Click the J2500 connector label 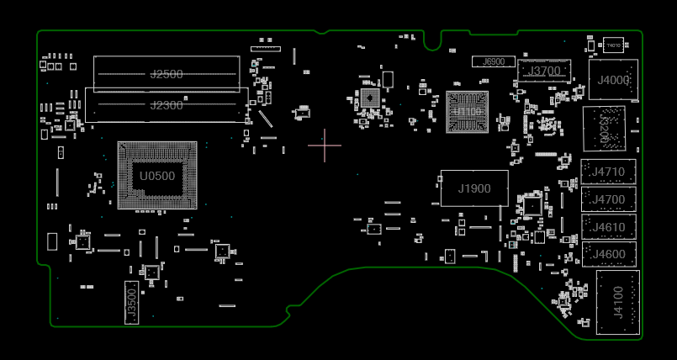pos(167,75)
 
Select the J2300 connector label pos(167,105)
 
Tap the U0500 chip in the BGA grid pos(157,176)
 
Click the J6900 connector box pos(494,61)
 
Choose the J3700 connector pos(543,71)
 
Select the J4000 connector pos(613,81)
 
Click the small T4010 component pos(613,45)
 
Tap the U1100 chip pos(467,112)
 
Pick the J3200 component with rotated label pos(604,129)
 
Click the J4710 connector pos(608,172)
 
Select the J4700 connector pos(608,199)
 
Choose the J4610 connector pos(608,227)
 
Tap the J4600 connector pos(608,254)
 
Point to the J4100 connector pos(618,302)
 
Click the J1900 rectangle pos(474,188)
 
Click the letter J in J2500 pos(153,75)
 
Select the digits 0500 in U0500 pos(161,176)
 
